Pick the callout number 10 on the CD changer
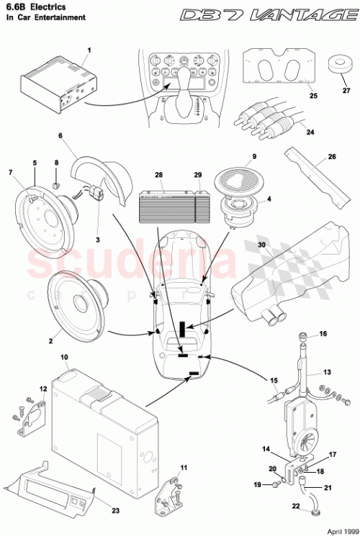(64, 358)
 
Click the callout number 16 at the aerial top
(323, 334)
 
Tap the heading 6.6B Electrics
(35, 6)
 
